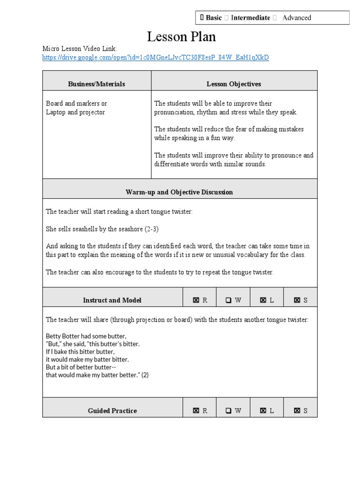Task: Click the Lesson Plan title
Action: pos(181,37)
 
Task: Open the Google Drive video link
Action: pos(156,57)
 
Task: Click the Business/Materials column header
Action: pos(97,84)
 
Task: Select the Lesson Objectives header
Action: pos(234,84)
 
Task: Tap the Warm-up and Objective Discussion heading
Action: pos(180,192)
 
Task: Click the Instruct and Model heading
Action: pos(112,300)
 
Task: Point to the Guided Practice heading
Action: pos(112,411)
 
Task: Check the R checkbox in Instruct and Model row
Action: pos(196,300)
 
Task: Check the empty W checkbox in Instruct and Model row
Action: pos(228,300)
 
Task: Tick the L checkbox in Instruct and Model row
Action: pos(263,300)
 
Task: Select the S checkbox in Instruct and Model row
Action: pos(297,300)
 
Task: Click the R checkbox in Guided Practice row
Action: pos(196,411)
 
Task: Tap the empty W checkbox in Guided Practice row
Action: pos(228,411)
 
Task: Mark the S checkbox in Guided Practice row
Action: pos(297,411)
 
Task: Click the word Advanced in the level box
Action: pos(297,18)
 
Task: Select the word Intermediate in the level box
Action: pos(250,18)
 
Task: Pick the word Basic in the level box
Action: pos(214,18)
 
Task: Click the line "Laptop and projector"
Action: pos(75,112)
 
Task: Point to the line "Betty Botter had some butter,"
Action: pos(86,336)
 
